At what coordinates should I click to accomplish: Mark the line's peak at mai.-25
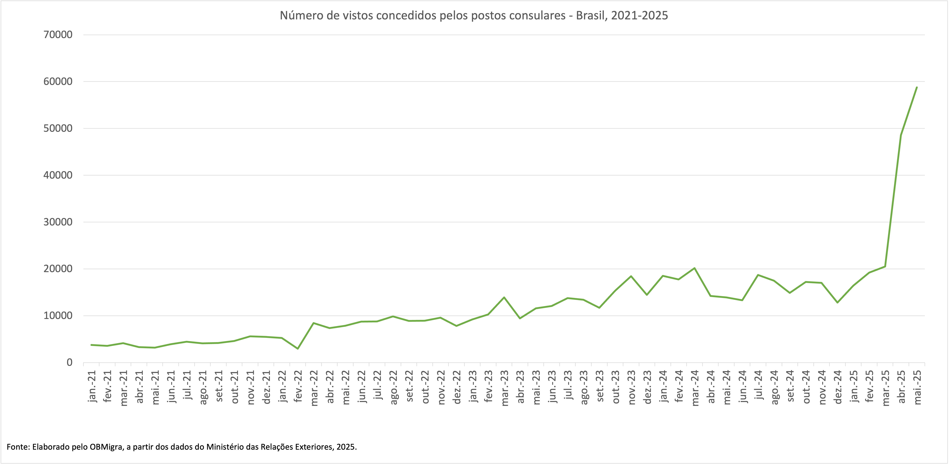click(917, 87)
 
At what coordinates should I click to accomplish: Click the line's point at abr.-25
click(901, 135)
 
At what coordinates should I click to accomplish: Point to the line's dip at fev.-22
click(298, 349)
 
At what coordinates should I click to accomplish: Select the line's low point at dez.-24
click(837, 302)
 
